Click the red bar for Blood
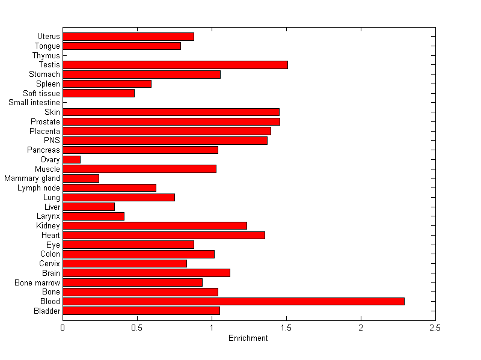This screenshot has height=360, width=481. point(233,301)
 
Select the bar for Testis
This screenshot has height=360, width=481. point(175,64)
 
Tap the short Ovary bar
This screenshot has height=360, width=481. point(72,159)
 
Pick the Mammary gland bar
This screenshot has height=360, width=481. point(81,178)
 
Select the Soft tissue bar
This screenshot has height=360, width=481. point(99,93)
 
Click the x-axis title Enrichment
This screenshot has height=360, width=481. point(248,338)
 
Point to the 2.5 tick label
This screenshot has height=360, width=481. point(435,328)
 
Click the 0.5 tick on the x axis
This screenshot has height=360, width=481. point(137,328)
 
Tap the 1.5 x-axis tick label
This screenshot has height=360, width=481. point(286,328)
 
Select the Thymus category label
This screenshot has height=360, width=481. point(46,55)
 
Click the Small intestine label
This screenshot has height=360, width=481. point(34,103)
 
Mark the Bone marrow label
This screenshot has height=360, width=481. point(38,282)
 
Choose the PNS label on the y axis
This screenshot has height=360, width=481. point(52,140)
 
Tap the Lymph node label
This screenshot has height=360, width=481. point(39,188)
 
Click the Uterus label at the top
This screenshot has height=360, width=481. point(48,37)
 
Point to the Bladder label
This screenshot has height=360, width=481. point(47,311)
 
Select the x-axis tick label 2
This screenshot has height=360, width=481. point(361,328)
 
